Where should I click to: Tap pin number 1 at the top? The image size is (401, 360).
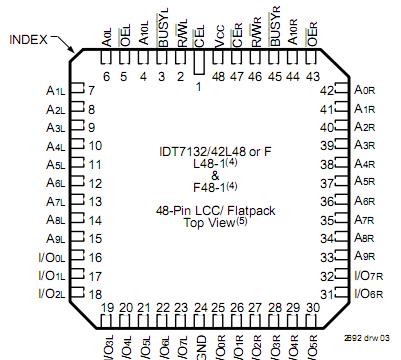[x=198, y=86]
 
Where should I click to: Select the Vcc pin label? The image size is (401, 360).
[x=219, y=50]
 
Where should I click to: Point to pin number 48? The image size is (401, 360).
[x=219, y=76]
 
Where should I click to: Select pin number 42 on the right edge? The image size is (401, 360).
[x=324, y=90]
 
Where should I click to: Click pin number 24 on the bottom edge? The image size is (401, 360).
[x=200, y=308]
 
